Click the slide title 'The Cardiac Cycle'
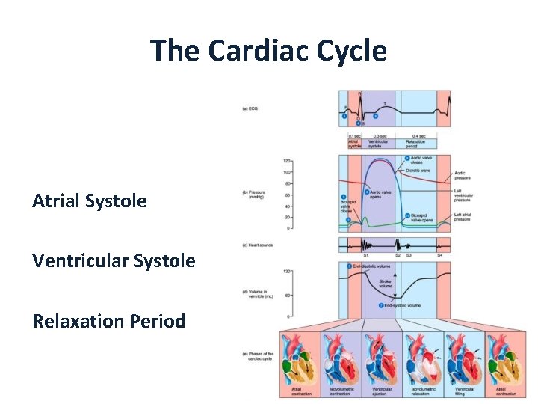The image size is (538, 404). pos(268,51)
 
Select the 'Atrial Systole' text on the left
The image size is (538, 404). pos(89,201)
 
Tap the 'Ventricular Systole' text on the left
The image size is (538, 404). pos(114,261)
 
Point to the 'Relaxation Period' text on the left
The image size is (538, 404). pos(108,321)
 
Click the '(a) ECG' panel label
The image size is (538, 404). pos(251,109)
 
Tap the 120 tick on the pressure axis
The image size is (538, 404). pos(287,161)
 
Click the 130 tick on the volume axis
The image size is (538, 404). pos(287,270)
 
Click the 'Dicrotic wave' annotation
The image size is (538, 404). pos(418,171)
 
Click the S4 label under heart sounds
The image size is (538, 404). pos(440,256)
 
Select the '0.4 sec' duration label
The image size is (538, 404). pos(418,136)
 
